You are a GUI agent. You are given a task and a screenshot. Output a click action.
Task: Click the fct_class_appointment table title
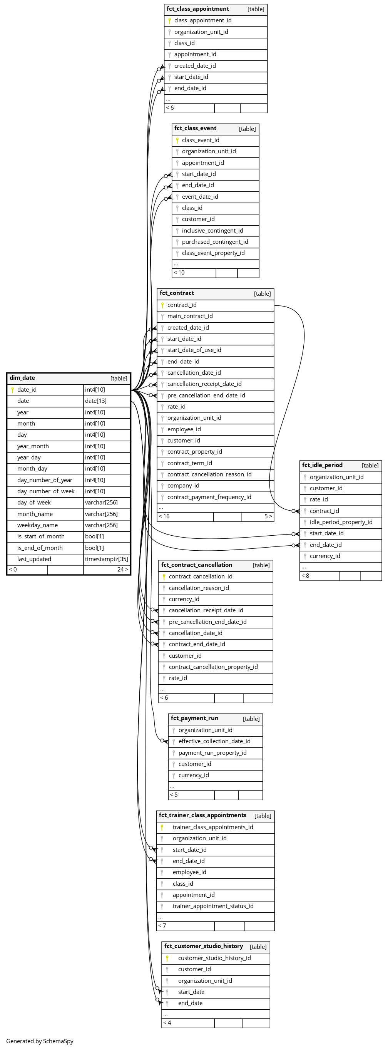[197, 9]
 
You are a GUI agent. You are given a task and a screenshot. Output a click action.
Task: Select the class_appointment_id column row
[203, 20]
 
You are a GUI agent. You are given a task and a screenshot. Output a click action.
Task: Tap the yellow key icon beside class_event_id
[177, 140]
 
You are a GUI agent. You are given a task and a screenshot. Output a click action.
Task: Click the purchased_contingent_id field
[214, 242]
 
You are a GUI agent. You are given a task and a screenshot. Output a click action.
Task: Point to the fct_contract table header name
[177, 293]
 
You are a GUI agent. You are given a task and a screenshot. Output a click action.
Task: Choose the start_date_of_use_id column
[194, 350]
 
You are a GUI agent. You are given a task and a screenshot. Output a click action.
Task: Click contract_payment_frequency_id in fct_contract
[209, 497]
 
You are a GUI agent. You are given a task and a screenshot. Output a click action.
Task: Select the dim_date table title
[22, 378]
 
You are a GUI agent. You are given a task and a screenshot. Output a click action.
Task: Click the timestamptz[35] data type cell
[106, 560]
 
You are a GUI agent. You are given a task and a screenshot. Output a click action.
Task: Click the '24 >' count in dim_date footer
[122, 570]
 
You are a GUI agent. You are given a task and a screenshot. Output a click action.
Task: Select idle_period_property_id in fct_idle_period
[341, 523]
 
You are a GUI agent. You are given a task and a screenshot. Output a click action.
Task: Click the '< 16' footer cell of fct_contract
[164, 517]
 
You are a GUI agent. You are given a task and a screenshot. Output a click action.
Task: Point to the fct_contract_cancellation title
[197, 565]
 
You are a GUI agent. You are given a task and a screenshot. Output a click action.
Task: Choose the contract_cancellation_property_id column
[213, 667]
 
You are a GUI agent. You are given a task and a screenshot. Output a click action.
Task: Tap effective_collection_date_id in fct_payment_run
[214, 742]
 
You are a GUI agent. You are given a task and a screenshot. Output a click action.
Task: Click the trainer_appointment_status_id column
[213, 906]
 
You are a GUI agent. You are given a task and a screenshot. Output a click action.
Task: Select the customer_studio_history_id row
[214, 958]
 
